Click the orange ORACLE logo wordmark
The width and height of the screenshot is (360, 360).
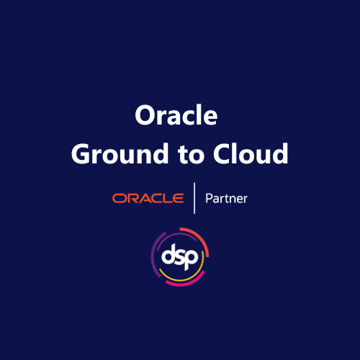tap(148, 198)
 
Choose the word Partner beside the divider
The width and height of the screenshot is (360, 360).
tap(226, 198)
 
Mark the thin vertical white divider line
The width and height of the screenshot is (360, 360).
tap(194, 198)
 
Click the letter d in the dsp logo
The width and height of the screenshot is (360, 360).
tap(169, 254)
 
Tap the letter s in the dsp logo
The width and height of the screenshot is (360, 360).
tap(181, 256)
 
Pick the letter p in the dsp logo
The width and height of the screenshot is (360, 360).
tap(192, 258)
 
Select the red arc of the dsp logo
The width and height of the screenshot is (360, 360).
tap(202, 237)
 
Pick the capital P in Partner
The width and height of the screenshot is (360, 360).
tap(209, 197)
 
